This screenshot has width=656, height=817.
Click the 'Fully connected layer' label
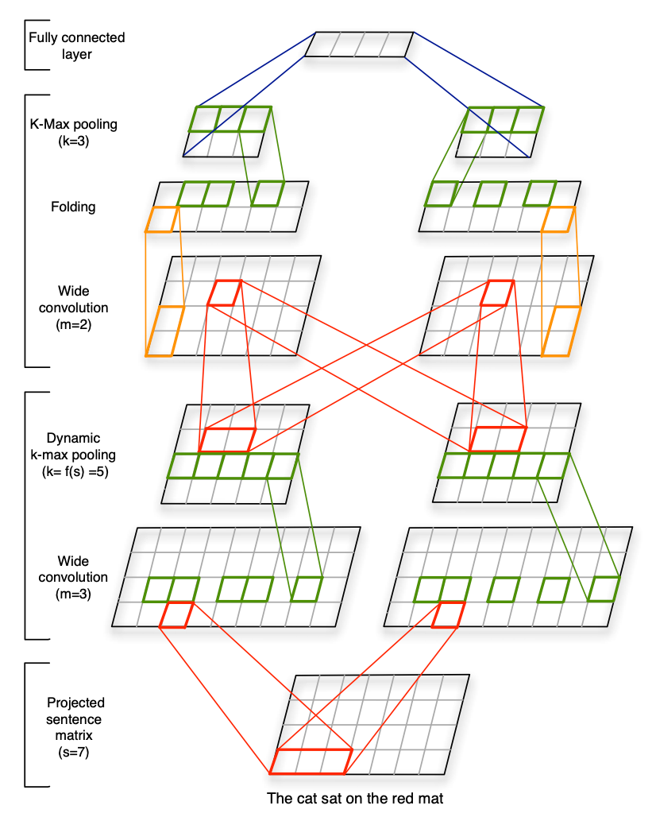point(76,46)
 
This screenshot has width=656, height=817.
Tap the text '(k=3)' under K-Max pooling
point(73,141)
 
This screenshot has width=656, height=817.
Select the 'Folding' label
point(73,207)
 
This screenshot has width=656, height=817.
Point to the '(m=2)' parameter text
point(73,324)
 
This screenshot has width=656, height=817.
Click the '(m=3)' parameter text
point(73,594)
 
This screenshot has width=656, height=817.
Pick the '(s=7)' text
point(73,753)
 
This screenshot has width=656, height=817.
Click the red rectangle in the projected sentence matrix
point(311,762)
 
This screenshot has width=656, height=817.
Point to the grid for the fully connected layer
point(359,45)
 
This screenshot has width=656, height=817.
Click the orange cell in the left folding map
point(163,219)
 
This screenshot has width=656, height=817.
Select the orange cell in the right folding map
point(558,219)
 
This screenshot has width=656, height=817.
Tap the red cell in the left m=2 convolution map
point(225,292)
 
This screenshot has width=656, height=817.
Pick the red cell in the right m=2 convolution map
point(497,292)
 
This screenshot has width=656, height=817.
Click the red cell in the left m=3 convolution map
point(176,615)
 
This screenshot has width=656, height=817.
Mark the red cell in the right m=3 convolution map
point(448,615)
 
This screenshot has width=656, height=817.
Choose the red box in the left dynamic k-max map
point(227,439)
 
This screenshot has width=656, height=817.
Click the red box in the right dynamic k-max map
point(498,439)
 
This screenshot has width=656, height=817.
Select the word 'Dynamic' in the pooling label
point(73,438)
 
